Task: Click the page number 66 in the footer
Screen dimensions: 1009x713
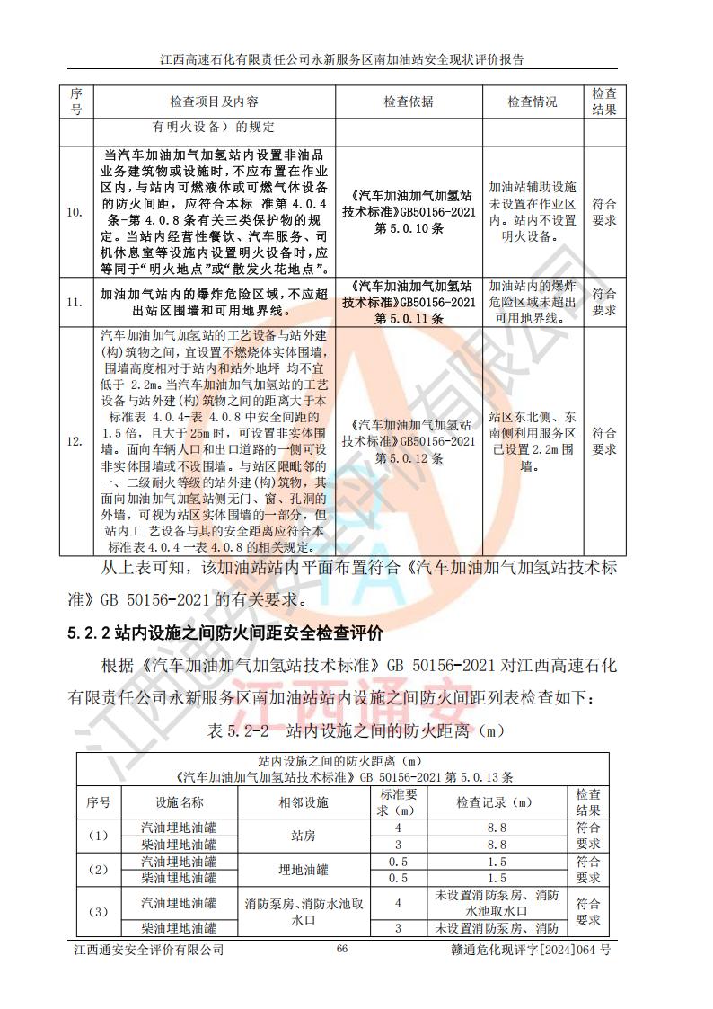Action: pos(341,949)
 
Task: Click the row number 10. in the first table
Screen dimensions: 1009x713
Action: pos(76,213)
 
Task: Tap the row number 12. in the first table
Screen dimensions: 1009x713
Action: pos(76,441)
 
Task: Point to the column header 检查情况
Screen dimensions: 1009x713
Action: pos(533,102)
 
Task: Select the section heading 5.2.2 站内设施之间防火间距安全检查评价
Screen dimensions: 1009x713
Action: pos(226,634)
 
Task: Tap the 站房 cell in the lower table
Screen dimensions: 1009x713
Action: pos(303,836)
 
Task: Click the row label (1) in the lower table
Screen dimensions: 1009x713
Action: pos(98,836)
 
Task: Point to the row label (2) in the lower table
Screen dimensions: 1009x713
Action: pos(98,870)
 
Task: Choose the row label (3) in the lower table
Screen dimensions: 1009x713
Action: pos(98,912)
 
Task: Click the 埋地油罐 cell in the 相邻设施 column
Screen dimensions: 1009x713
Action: pos(303,870)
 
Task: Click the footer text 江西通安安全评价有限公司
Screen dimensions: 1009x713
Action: pos(148,950)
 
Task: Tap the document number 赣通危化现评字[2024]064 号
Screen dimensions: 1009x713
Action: pos(529,950)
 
